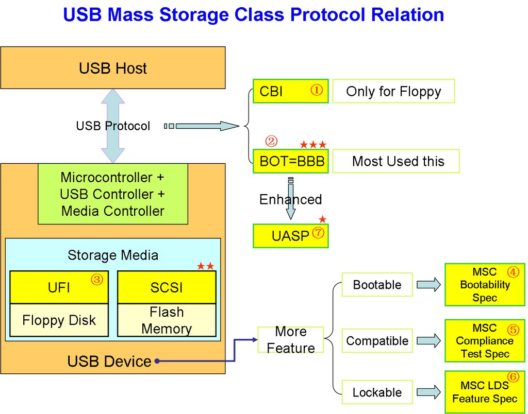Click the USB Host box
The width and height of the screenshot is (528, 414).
coord(112,68)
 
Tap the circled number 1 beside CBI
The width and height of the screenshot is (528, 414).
coord(316,90)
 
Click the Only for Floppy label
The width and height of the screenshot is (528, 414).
coord(393,91)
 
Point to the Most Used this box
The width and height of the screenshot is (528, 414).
coord(396,161)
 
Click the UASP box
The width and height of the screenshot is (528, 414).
coord(290,236)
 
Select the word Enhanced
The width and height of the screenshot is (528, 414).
coord(290,199)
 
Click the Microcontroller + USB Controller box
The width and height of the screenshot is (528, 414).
coord(112,194)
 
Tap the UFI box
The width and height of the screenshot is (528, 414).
coord(59,287)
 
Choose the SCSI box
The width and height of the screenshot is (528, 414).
coord(166,287)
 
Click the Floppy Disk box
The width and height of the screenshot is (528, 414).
coord(59,320)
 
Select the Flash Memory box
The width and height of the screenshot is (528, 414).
coord(166,320)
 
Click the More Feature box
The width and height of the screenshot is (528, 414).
coord(290,340)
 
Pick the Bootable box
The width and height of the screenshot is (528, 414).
coord(377,285)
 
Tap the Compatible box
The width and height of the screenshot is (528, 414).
coord(377,341)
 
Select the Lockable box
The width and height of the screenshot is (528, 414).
coord(377,392)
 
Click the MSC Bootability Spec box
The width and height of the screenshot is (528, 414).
coord(485,285)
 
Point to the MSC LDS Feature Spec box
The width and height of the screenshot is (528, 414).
coord(485,392)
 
